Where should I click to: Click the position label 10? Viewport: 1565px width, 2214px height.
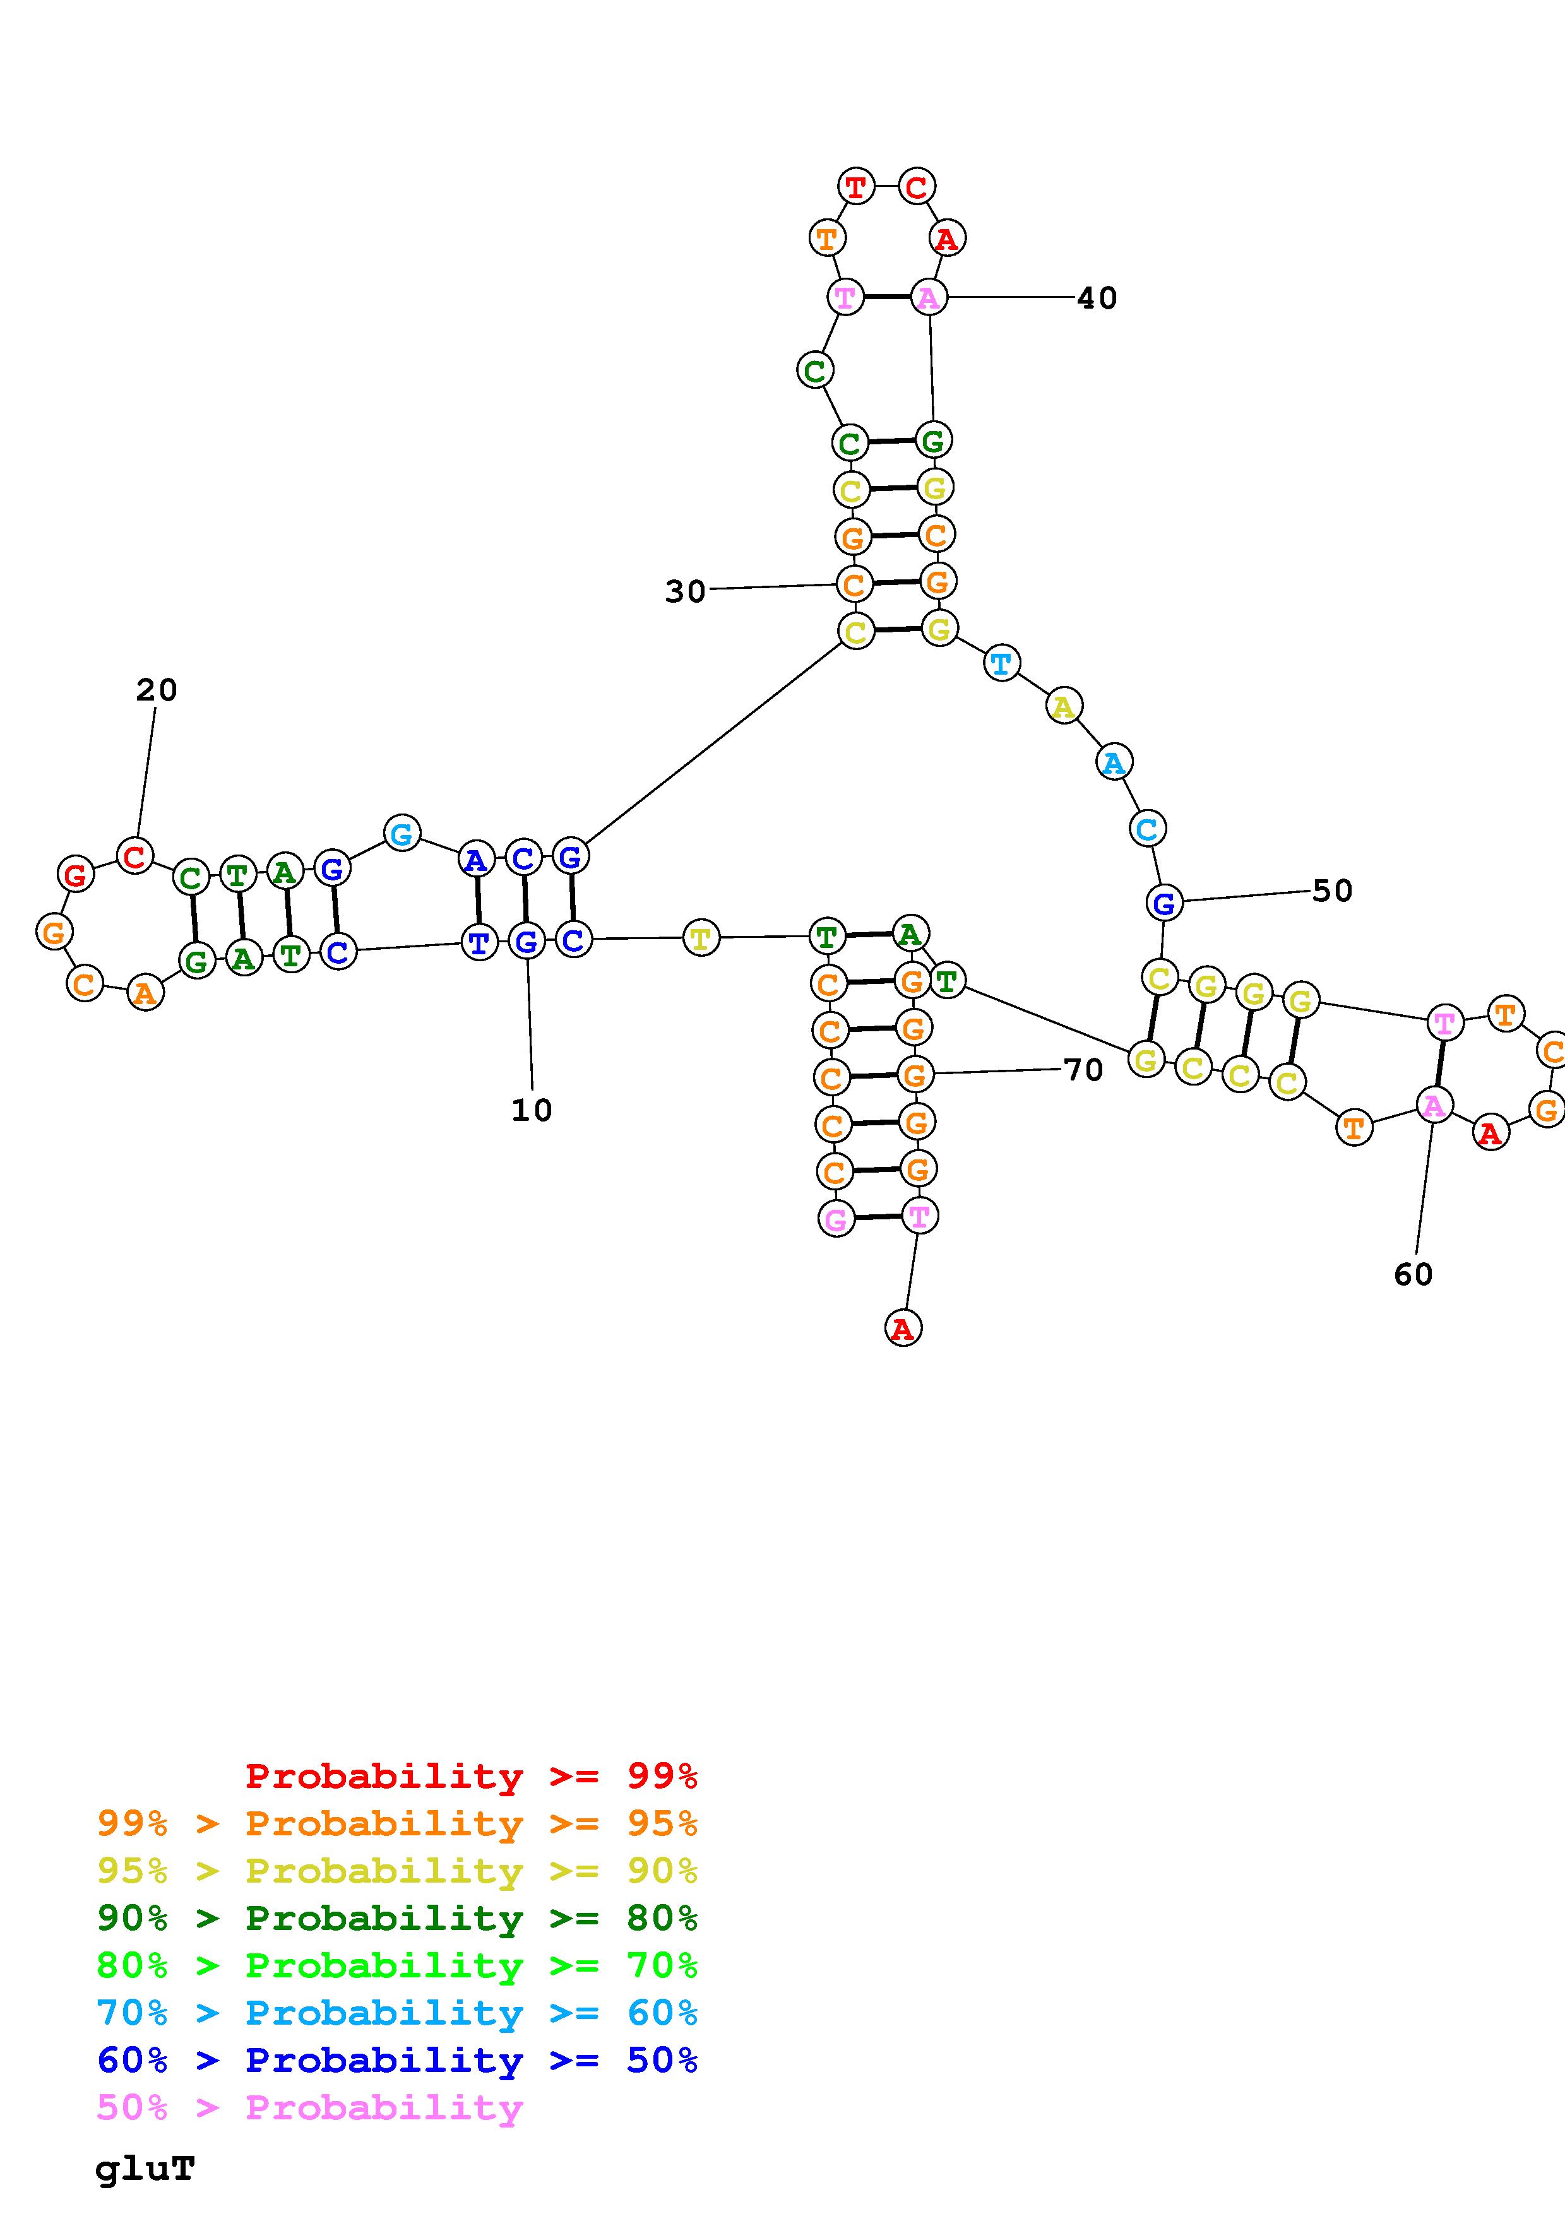[532, 1110]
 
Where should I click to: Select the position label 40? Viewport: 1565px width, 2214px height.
[1097, 298]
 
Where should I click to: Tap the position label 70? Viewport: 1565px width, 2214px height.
[1083, 1069]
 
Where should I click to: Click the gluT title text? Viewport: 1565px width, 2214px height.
[145, 2169]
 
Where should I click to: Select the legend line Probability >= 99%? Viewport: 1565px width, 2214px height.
[470, 1776]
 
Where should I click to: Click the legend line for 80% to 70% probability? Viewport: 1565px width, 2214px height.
[397, 1965]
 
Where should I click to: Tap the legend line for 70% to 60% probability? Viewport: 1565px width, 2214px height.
[397, 2013]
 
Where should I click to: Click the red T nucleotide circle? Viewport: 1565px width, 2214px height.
[856, 186]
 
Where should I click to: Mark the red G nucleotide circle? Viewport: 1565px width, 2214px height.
[75, 875]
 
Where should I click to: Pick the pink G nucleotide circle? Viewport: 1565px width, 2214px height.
[836, 1220]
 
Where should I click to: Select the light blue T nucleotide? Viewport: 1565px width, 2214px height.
[1002, 663]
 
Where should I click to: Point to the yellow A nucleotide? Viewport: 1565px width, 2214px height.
[1062, 707]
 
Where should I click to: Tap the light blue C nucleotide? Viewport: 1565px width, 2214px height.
[1146, 828]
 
